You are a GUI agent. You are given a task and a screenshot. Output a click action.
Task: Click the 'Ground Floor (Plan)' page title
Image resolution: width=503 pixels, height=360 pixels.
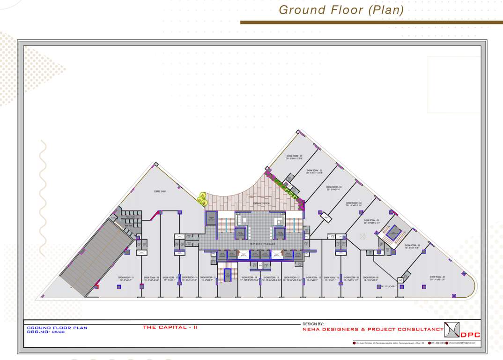click(x=341, y=10)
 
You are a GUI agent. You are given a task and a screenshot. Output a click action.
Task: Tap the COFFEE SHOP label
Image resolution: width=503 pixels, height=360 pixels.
click(x=160, y=191)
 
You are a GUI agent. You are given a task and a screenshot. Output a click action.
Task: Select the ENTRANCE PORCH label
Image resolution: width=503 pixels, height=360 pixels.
click(x=261, y=203)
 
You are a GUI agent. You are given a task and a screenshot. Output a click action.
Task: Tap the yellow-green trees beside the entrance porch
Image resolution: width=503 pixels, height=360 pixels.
click(x=203, y=199)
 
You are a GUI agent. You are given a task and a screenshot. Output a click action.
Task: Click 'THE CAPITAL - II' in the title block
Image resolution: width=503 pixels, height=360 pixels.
click(x=170, y=327)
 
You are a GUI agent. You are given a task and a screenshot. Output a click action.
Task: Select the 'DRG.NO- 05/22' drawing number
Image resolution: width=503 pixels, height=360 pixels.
click(x=45, y=332)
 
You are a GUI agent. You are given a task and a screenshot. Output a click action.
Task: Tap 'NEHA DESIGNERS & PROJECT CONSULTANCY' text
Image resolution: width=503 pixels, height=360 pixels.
click(x=373, y=330)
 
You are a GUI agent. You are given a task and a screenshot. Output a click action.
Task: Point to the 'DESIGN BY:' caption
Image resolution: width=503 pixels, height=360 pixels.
click(x=313, y=324)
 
